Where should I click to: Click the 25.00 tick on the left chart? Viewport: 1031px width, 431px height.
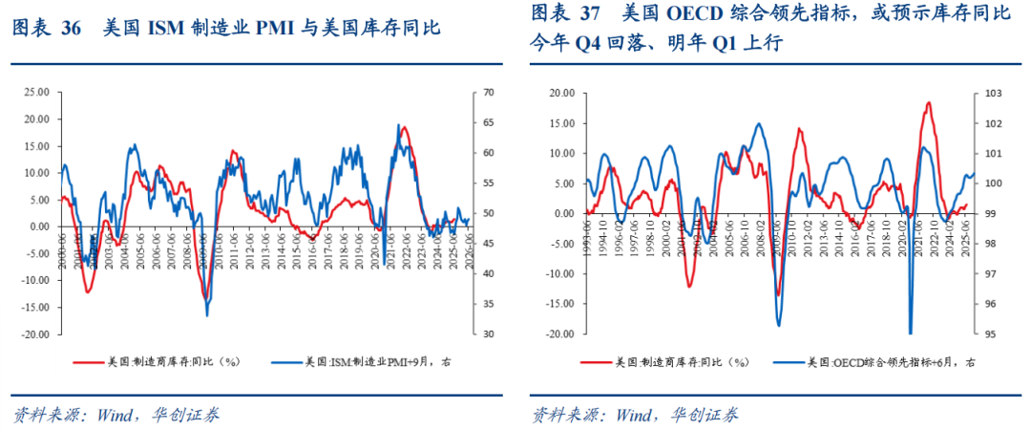click(36, 93)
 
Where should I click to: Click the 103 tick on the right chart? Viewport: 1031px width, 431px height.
click(992, 93)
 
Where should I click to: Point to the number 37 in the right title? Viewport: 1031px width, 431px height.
click(590, 13)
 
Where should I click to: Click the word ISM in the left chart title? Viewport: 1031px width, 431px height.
click(167, 28)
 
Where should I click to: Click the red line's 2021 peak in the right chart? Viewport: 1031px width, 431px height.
click(927, 102)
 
